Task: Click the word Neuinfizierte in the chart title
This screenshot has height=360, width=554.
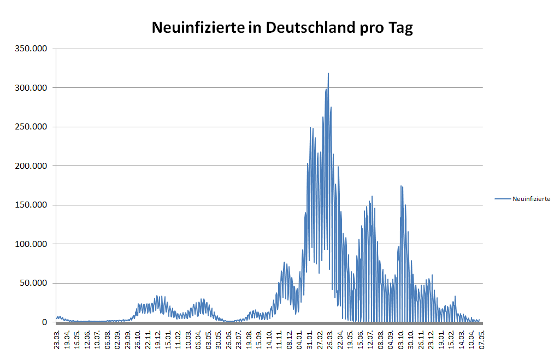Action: (x=198, y=28)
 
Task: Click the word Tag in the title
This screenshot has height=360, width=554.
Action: (x=400, y=28)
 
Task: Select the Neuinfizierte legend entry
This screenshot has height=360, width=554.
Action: (x=531, y=199)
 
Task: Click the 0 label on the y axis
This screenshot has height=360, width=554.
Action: (x=46, y=322)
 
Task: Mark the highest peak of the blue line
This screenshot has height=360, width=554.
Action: (x=328, y=73)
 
